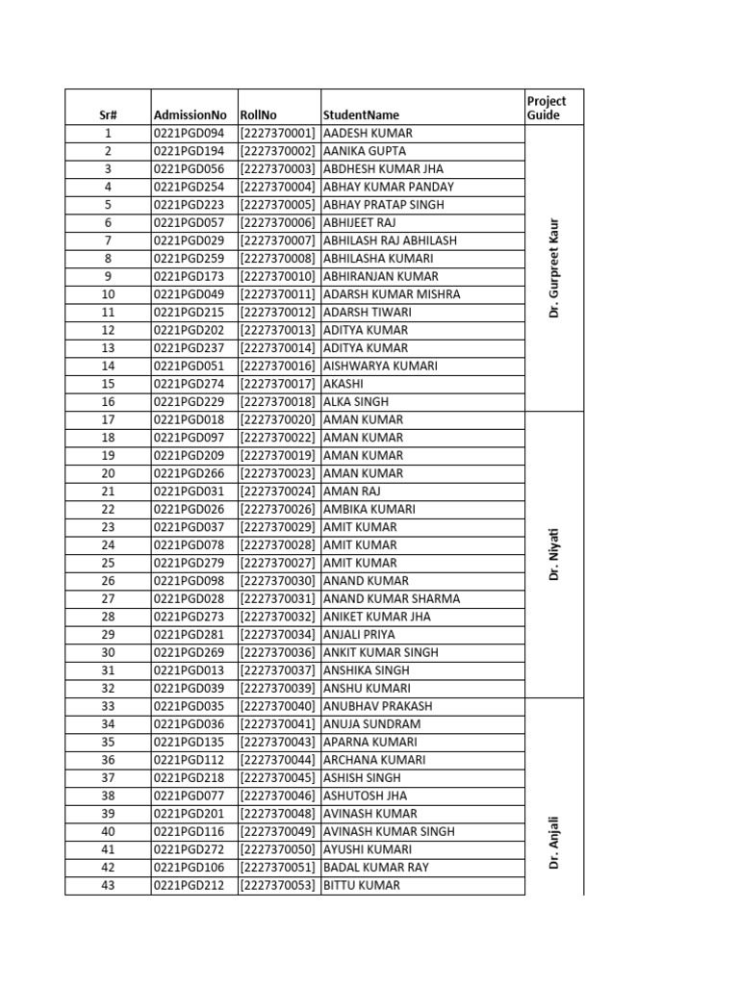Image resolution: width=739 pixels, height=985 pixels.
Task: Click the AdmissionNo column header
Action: pyautogui.click(x=190, y=115)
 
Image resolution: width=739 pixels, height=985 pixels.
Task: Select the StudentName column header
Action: pyautogui.click(x=358, y=115)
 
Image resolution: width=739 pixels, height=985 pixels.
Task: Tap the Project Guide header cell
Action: pyautogui.click(x=547, y=108)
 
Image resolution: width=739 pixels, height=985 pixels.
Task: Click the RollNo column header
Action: pyautogui.click(x=259, y=115)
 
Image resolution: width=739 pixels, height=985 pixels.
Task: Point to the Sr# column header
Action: pyautogui.click(x=108, y=115)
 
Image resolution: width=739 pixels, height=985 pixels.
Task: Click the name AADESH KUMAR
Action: pyautogui.click(x=368, y=134)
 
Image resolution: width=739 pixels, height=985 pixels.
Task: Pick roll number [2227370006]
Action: pyautogui.click(x=278, y=223)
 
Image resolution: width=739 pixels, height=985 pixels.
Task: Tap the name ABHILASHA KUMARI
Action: pyautogui.click(x=378, y=259)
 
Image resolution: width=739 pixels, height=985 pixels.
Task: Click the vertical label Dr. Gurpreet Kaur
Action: pyautogui.click(x=554, y=267)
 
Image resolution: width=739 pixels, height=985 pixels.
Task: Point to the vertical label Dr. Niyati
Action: pyautogui.click(x=554, y=554)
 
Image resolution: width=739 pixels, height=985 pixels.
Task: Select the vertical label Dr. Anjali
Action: pyautogui.click(x=554, y=843)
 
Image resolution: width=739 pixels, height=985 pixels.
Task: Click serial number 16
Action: pyautogui.click(x=108, y=402)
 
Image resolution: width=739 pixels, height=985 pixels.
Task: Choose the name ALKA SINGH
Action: pyautogui.click(x=356, y=402)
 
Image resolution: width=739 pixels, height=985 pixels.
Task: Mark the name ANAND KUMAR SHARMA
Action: pyautogui.click(x=392, y=598)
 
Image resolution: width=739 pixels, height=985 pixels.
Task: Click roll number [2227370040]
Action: pyautogui.click(x=278, y=706)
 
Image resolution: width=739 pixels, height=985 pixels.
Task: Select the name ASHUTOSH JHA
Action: pyautogui.click(x=365, y=796)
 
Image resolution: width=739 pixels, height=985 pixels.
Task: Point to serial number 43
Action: pyautogui.click(x=108, y=885)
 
